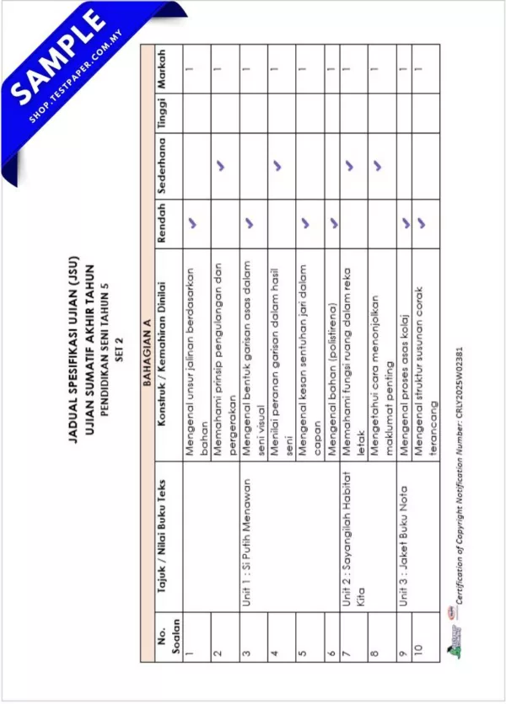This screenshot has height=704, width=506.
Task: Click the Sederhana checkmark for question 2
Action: pos(223,165)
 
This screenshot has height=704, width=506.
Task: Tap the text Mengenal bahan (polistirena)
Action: pos(331,382)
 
